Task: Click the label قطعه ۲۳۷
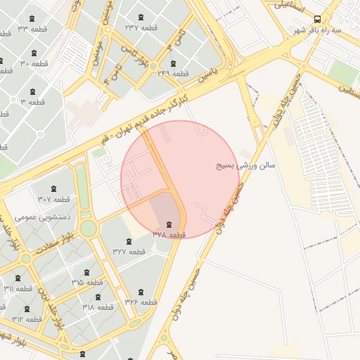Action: (141, 27)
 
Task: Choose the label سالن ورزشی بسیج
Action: (245, 167)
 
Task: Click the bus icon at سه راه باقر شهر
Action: (318, 19)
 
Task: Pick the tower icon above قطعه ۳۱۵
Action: (86, 271)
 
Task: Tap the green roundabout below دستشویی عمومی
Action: (88, 229)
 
